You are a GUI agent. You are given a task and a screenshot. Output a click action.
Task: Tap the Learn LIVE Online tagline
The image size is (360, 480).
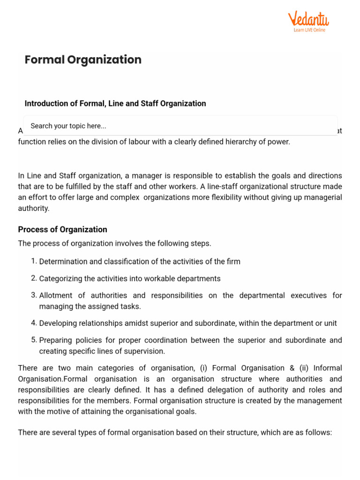[309, 30]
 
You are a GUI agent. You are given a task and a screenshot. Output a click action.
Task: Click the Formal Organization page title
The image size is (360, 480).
[83, 60]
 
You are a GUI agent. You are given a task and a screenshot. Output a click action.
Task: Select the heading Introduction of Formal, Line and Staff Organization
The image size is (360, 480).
[115, 103]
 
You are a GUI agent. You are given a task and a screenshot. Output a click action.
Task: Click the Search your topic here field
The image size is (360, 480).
[180, 126]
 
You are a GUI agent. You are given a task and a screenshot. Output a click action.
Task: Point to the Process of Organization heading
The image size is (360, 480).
[62, 229]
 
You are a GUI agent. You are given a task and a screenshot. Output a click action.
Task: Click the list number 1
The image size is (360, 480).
[34, 261]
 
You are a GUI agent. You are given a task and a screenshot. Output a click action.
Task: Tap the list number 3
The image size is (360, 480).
[34, 295]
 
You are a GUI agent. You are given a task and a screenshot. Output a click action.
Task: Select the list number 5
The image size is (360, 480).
[34, 340]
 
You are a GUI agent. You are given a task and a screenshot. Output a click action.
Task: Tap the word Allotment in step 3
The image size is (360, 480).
[55, 295]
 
